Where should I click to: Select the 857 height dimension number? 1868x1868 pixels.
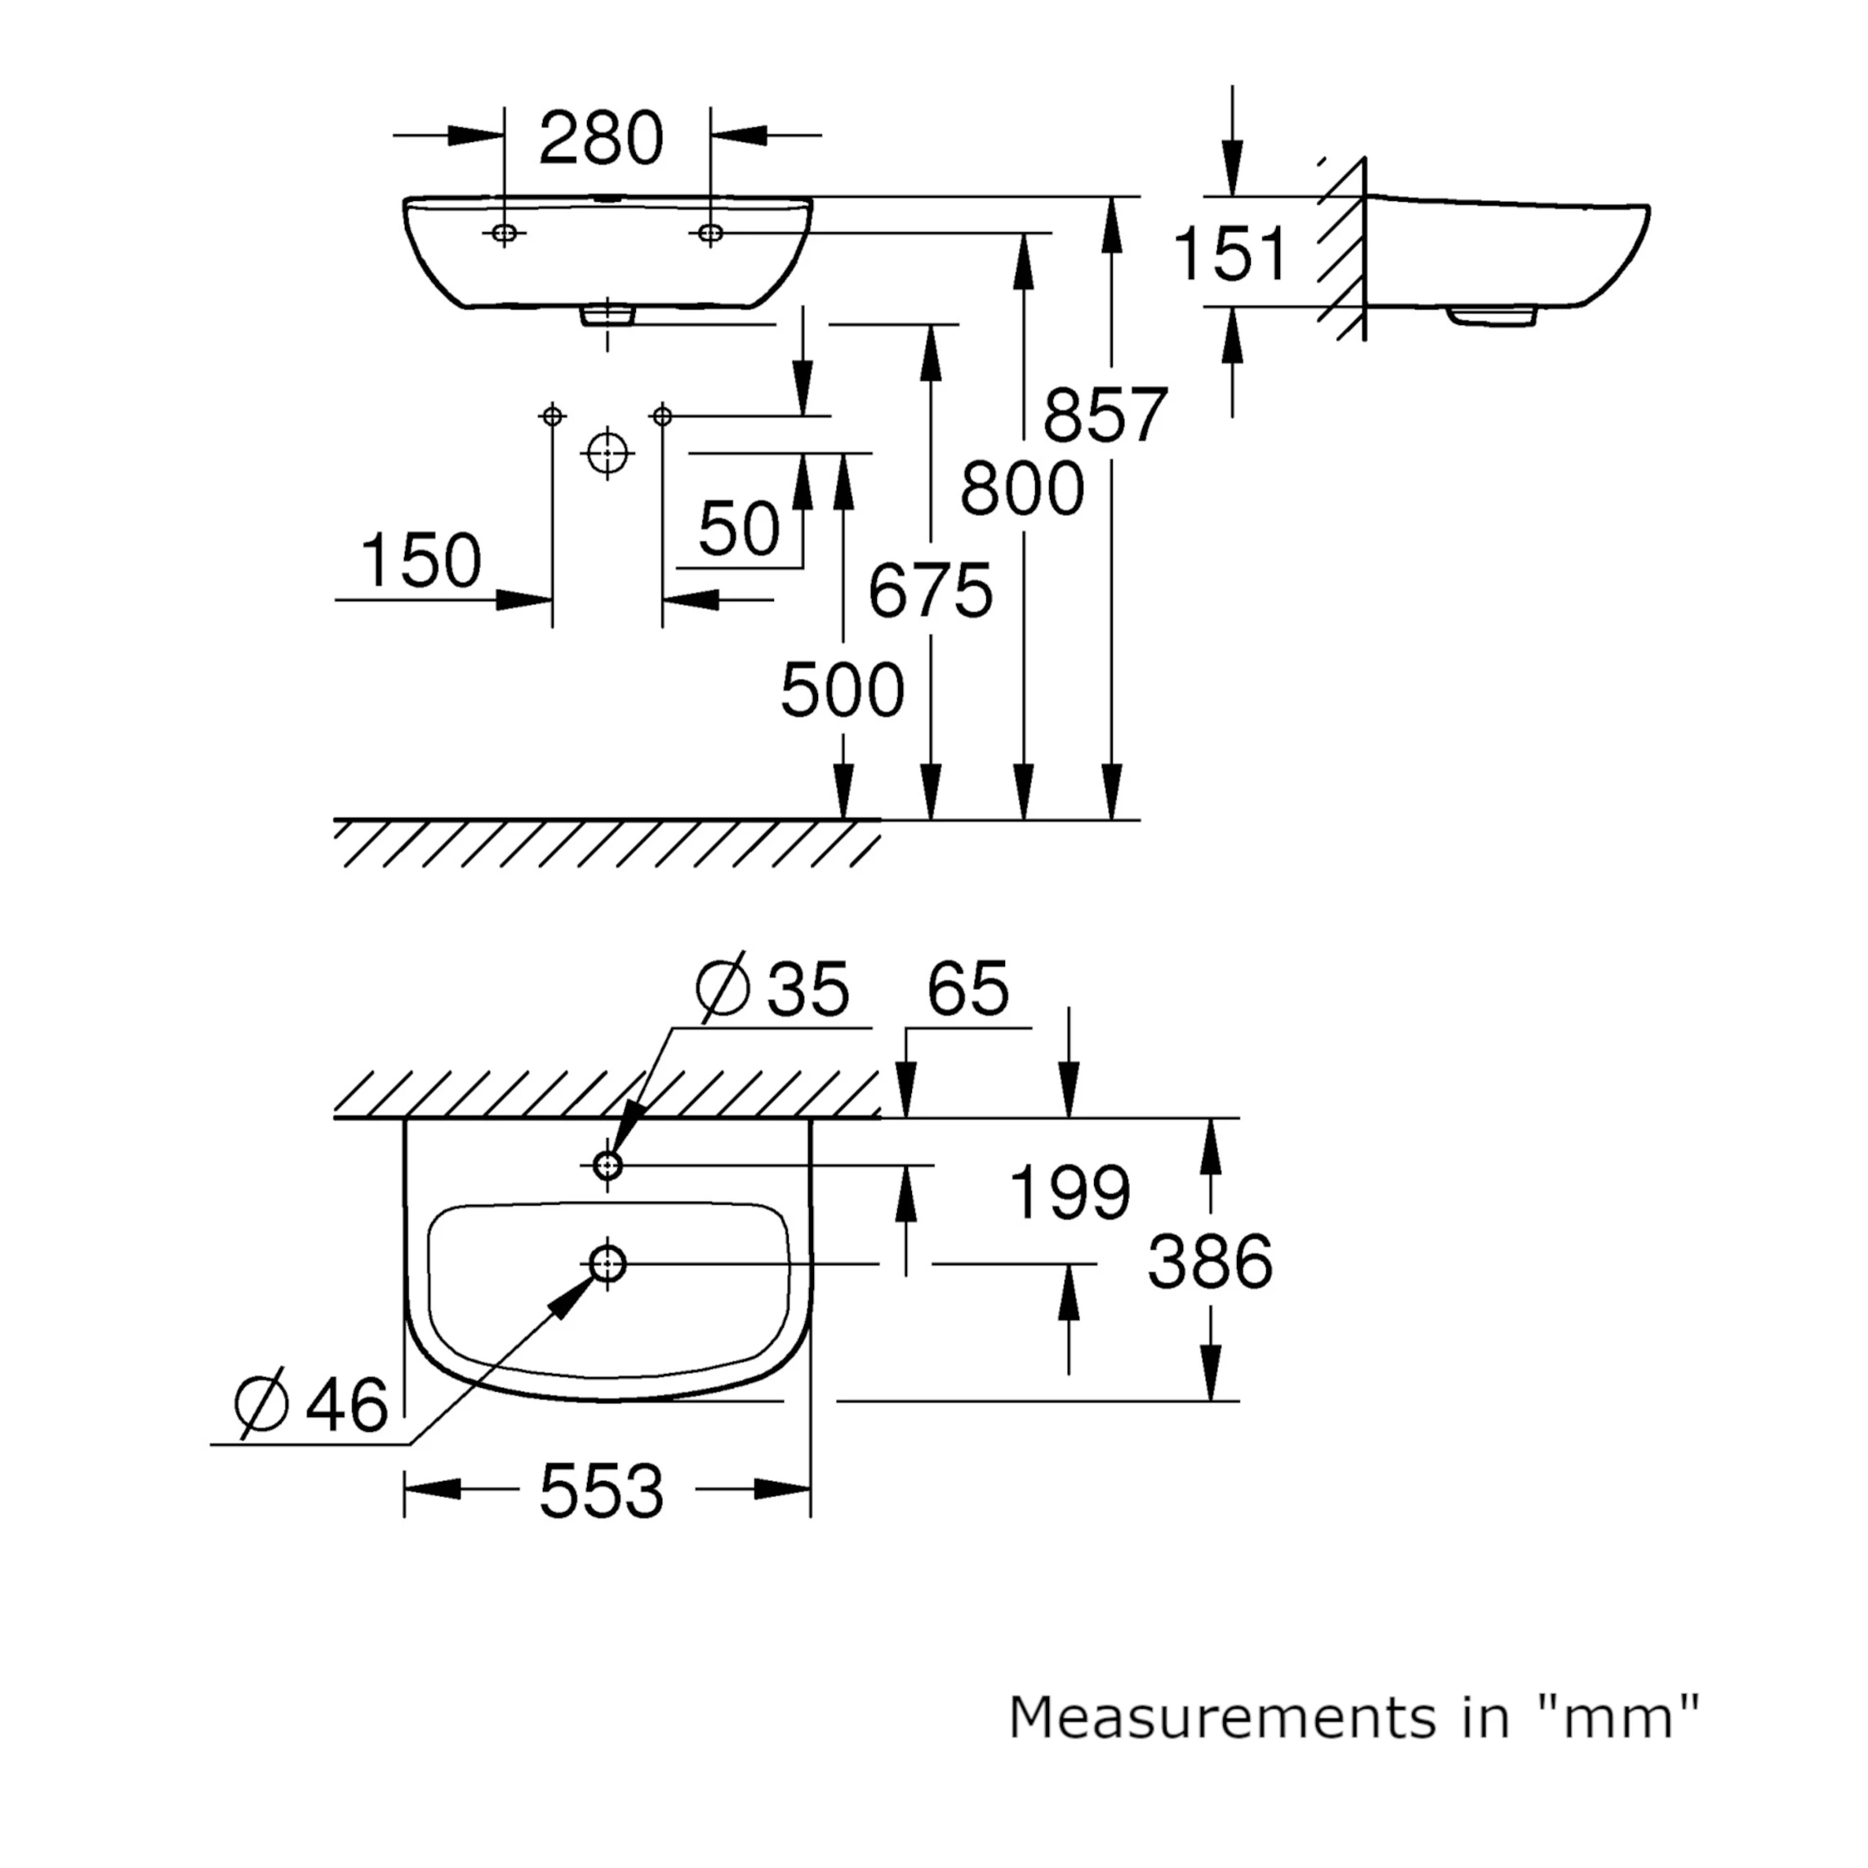click(1105, 415)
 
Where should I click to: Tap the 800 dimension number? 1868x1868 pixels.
click(1022, 489)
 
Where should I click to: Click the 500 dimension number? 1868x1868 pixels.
click(842, 691)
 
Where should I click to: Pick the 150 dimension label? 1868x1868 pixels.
click(420, 561)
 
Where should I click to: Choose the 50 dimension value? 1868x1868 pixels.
click(739, 529)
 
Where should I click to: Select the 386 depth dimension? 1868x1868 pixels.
click(1210, 1261)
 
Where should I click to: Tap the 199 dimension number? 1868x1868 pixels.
click(1069, 1192)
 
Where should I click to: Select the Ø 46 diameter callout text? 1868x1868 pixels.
click(311, 1404)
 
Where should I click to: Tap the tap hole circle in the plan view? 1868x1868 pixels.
click(607, 1165)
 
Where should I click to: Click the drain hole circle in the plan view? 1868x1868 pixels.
click(607, 1264)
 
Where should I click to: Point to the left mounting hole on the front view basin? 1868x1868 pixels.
click(504, 233)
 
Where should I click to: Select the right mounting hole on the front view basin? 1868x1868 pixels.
click(710, 233)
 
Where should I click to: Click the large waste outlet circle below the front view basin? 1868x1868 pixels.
click(607, 451)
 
